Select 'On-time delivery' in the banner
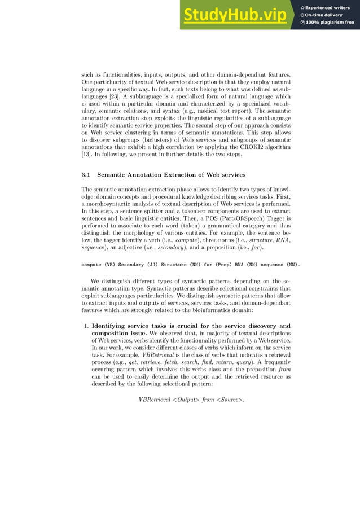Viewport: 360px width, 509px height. click(327, 15)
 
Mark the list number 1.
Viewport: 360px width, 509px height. click(86, 326)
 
